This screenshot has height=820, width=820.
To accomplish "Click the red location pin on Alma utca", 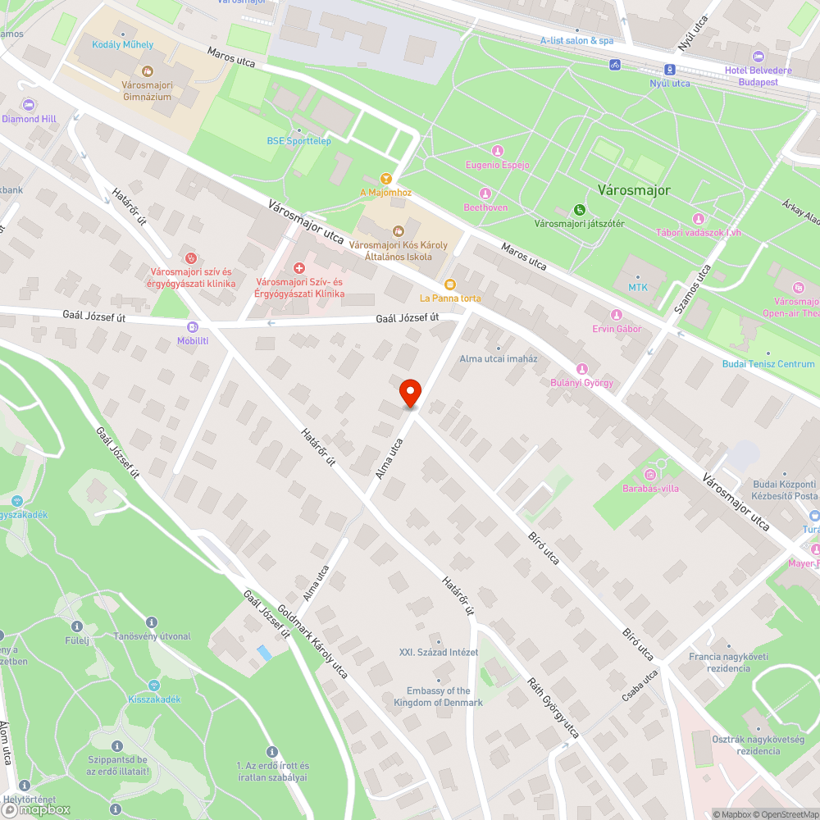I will pyautogui.click(x=409, y=393).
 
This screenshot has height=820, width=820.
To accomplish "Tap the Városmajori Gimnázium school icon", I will pyautogui.click(x=148, y=71).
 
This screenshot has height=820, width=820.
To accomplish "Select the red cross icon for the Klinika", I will pyautogui.click(x=299, y=267).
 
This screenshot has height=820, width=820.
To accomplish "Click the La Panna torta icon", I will pyautogui.click(x=450, y=283).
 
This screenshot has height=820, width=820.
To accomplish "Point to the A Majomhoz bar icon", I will pyautogui.click(x=386, y=178).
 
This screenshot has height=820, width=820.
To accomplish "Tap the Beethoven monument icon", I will pyautogui.click(x=485, y=194).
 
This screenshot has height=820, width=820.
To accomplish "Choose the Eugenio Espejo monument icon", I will pyautogui.click(x=497, y=151).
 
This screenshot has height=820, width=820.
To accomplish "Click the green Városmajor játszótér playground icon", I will pyautogui.click(x=580, y=209).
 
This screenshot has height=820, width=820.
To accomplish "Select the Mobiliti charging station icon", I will pyautogui.click(x=193, y=326).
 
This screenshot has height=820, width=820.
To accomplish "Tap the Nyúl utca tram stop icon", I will pyautogui.click(x=670, y=70).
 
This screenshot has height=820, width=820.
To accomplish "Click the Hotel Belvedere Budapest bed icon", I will pyautogui.click(x=758, y=57).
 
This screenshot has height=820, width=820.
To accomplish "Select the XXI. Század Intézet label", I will pyautogui.click(x=439, y=653).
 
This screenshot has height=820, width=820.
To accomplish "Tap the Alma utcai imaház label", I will pyautogui.click(x=498, y=359).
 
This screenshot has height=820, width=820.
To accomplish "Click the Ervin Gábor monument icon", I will pyautogui.click(x=617, y=315).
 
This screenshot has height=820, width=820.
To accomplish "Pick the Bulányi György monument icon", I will pyautogui.click(x=582, y=368).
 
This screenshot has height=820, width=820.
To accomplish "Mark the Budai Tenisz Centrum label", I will pyautogui.click(x=768, y=364).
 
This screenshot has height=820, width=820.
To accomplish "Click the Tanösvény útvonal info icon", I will pyautogui.click(x=151, y=622).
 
